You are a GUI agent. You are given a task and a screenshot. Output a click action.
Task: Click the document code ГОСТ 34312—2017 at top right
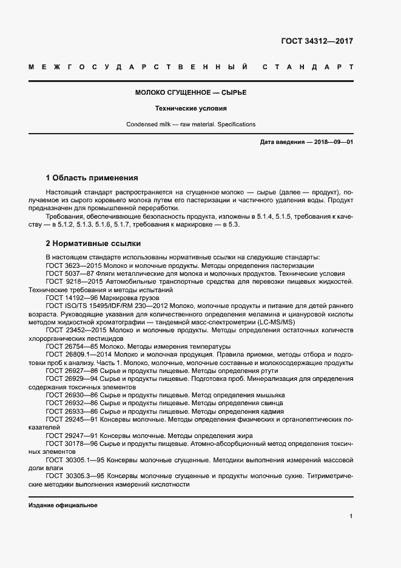pos(316,41)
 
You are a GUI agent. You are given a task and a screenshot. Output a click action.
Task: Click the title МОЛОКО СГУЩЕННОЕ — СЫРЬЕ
pos(190,93)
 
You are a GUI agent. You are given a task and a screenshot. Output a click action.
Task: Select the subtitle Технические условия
pos(190,109)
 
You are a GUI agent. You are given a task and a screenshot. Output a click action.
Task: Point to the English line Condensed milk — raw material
pos(190,125)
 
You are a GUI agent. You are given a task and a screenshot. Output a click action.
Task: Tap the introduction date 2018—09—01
pos(331,142)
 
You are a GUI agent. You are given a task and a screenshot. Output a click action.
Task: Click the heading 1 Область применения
pos(92,178)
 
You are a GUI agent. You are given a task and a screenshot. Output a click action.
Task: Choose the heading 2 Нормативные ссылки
pos(93,244)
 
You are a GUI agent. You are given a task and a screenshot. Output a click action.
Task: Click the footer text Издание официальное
pos(62,505)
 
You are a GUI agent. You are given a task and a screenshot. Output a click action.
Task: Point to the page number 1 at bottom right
pos(351,516)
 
